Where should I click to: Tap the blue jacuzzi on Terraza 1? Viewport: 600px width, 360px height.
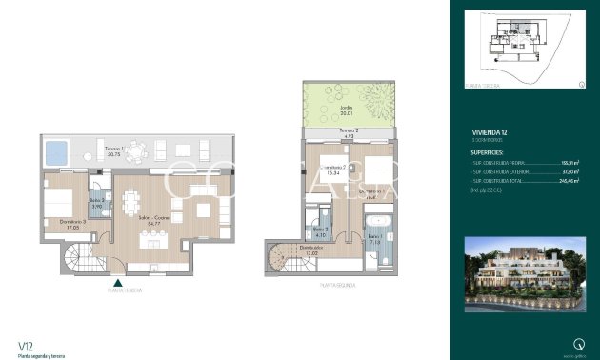[56, 150]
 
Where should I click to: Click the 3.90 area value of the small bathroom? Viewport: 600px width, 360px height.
[95, 206]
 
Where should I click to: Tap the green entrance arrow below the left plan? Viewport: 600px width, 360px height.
[117, 282]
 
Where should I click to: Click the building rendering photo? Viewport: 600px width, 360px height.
[521, 273]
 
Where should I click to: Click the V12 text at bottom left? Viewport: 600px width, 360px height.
[27, 345]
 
